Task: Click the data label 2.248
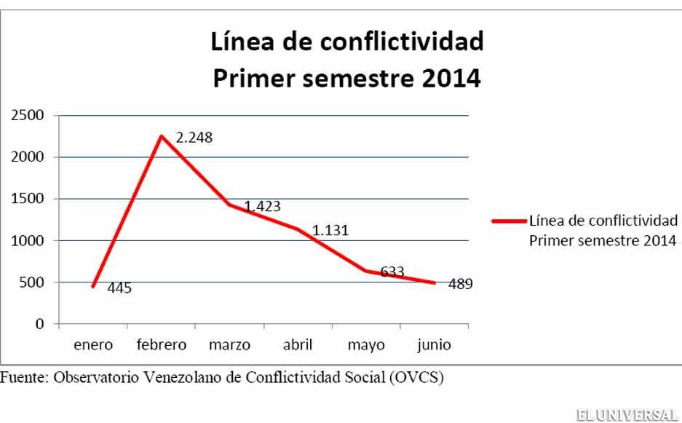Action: click(194, 137)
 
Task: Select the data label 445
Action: click(119, 288)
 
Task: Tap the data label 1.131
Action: click(330, 231)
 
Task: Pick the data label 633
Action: click(392, 272)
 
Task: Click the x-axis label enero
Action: click(92, 344)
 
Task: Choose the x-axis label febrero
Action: click(161, 344)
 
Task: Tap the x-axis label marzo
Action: click(229, 344)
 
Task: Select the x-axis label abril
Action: click(298, 344)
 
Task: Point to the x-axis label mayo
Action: click(366, 344)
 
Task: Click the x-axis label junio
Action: click(434, 344)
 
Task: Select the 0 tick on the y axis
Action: click(41, 324)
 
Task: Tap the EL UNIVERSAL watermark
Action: click(625, 415)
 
